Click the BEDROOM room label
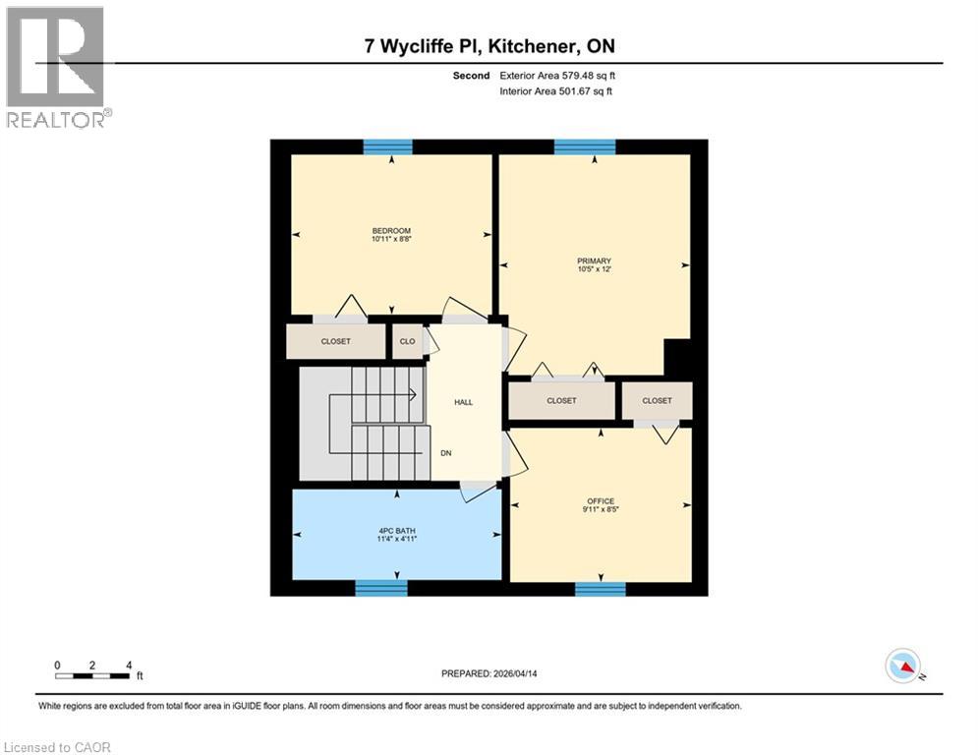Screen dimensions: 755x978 click(x=391, y=231)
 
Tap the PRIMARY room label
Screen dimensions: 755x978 click(x=594, y=261)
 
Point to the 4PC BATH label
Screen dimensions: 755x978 click(x=398, y=531)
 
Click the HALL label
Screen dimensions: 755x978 click(x=464, y=402)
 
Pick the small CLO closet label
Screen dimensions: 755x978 click(x=407, y=342)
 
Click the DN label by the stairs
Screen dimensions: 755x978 click(x=445, y=453)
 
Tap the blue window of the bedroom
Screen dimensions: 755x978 click(x=387, y=146)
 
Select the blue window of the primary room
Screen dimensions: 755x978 click(x=585, y=146)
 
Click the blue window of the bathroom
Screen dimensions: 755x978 click(x=380, y=588)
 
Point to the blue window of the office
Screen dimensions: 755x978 click(x=600, y=588)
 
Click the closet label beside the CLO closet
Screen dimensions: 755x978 click(x=335, y=342)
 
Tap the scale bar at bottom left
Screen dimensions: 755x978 click(x=93, y=675)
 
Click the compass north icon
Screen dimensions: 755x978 click(x=901, y=666)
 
